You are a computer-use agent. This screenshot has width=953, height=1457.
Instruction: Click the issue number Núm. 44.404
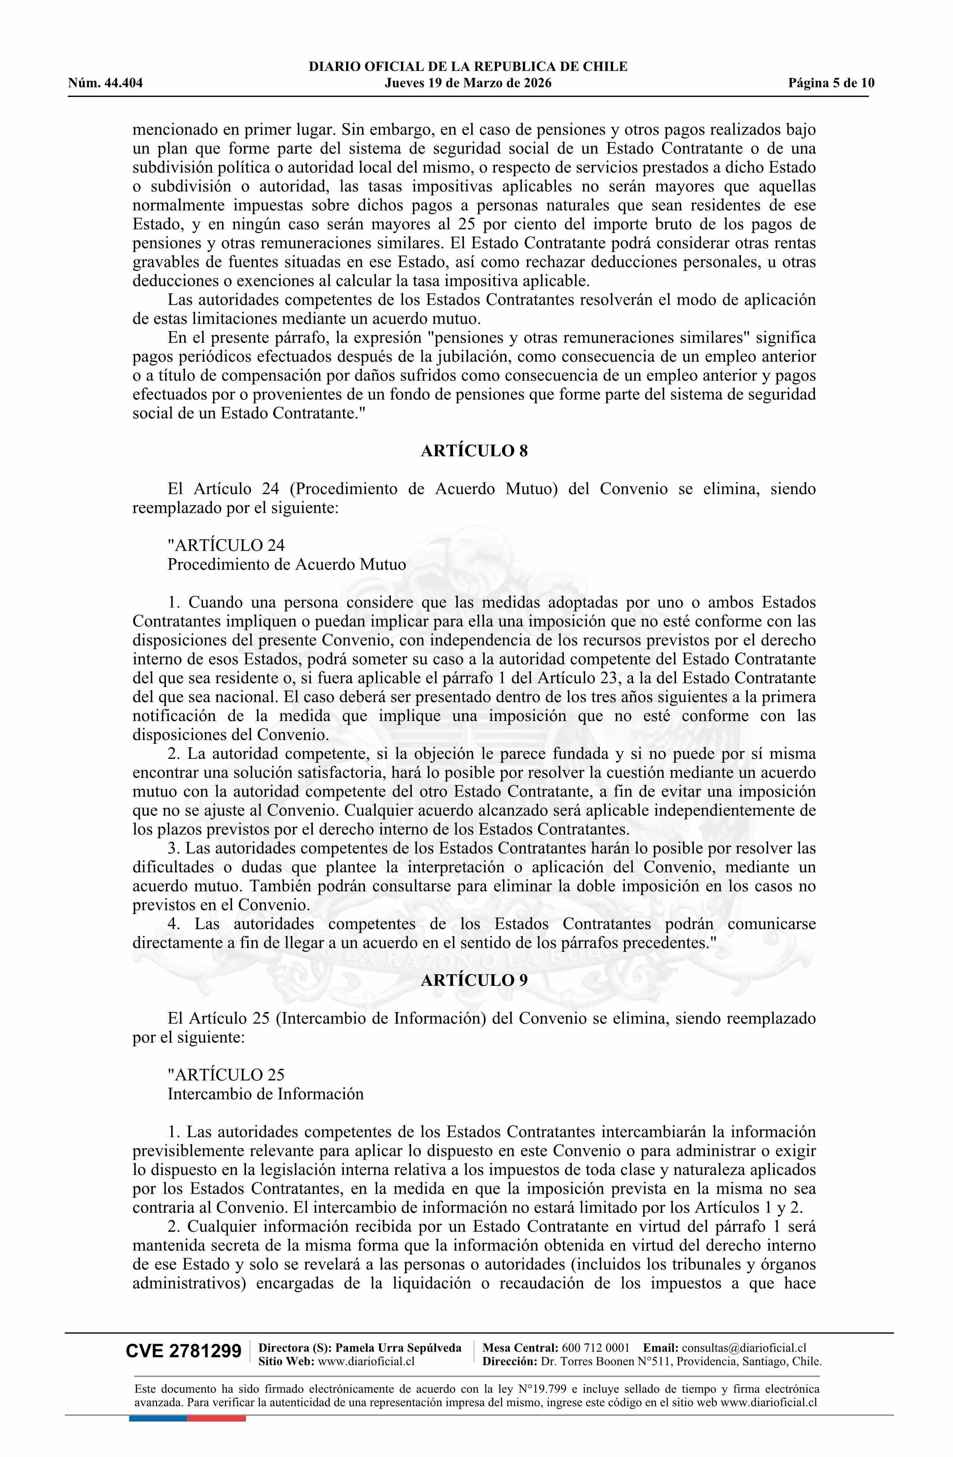pos(105,83)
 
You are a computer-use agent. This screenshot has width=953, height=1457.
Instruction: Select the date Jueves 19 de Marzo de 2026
pos(468,83)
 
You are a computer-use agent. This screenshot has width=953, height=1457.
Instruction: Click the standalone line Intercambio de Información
pos(265,1093)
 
